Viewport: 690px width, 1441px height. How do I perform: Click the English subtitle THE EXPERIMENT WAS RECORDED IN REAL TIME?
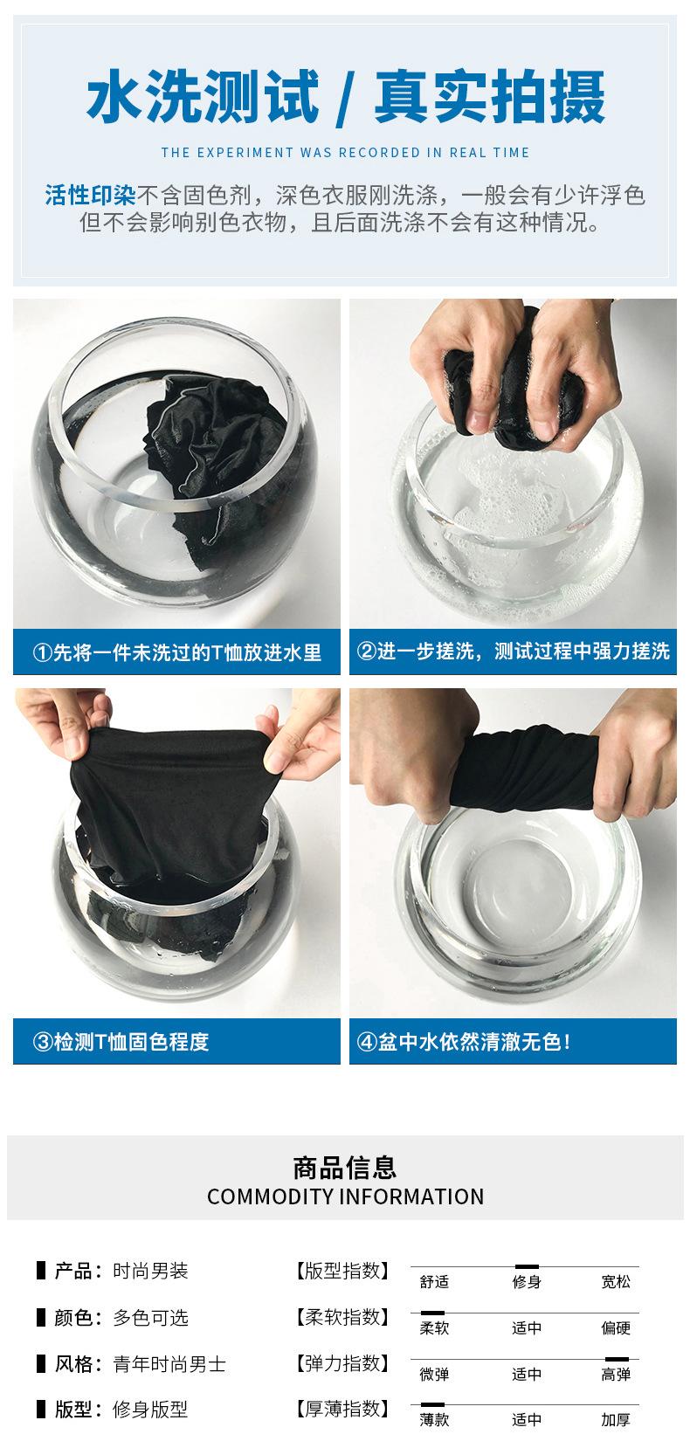point(345,153)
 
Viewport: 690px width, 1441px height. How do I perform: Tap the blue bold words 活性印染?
point(90,195)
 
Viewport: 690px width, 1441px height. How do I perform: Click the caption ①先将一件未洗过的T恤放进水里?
point(177,652)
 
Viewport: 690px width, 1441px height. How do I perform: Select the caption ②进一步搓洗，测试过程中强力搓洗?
point(513,651)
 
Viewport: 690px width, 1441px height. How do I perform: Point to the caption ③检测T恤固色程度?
point(121,1042)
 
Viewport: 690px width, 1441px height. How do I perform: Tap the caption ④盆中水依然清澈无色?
point(464,1042)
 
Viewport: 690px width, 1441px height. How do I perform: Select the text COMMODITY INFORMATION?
point(345,1196)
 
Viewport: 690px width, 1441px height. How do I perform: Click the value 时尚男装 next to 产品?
point(150,1272)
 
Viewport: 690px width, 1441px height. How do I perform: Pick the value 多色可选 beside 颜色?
point(150,1318)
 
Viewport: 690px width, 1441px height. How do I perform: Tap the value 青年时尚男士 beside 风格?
point(169,1364)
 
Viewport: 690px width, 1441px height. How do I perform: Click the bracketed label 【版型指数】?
point(342,1271)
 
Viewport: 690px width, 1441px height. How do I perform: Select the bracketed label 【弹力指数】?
point(342,1363)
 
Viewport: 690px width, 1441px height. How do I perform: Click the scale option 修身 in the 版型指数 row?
point(527,1282)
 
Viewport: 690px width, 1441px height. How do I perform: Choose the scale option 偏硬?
point(616,1328)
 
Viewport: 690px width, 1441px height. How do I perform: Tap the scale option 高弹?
point(616,1375)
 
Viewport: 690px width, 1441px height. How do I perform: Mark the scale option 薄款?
point(434,1420)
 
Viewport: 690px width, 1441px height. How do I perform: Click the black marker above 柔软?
point(432,1313)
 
